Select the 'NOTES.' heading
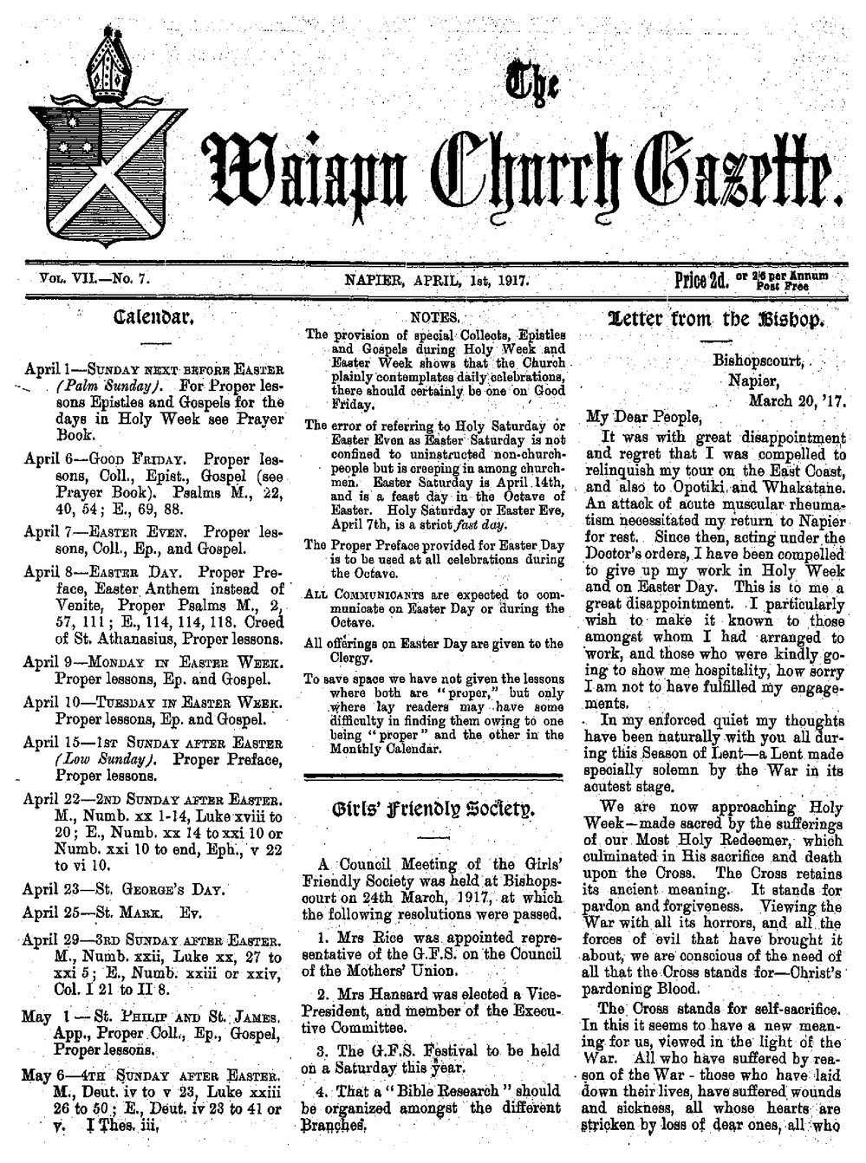pos(430,317)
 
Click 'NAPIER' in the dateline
pos(373,279)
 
